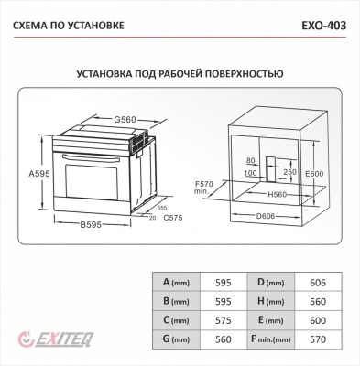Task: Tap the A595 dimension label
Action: click(39, 173)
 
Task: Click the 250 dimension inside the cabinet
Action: click(289, 171)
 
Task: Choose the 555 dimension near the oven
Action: click(160, 208)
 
